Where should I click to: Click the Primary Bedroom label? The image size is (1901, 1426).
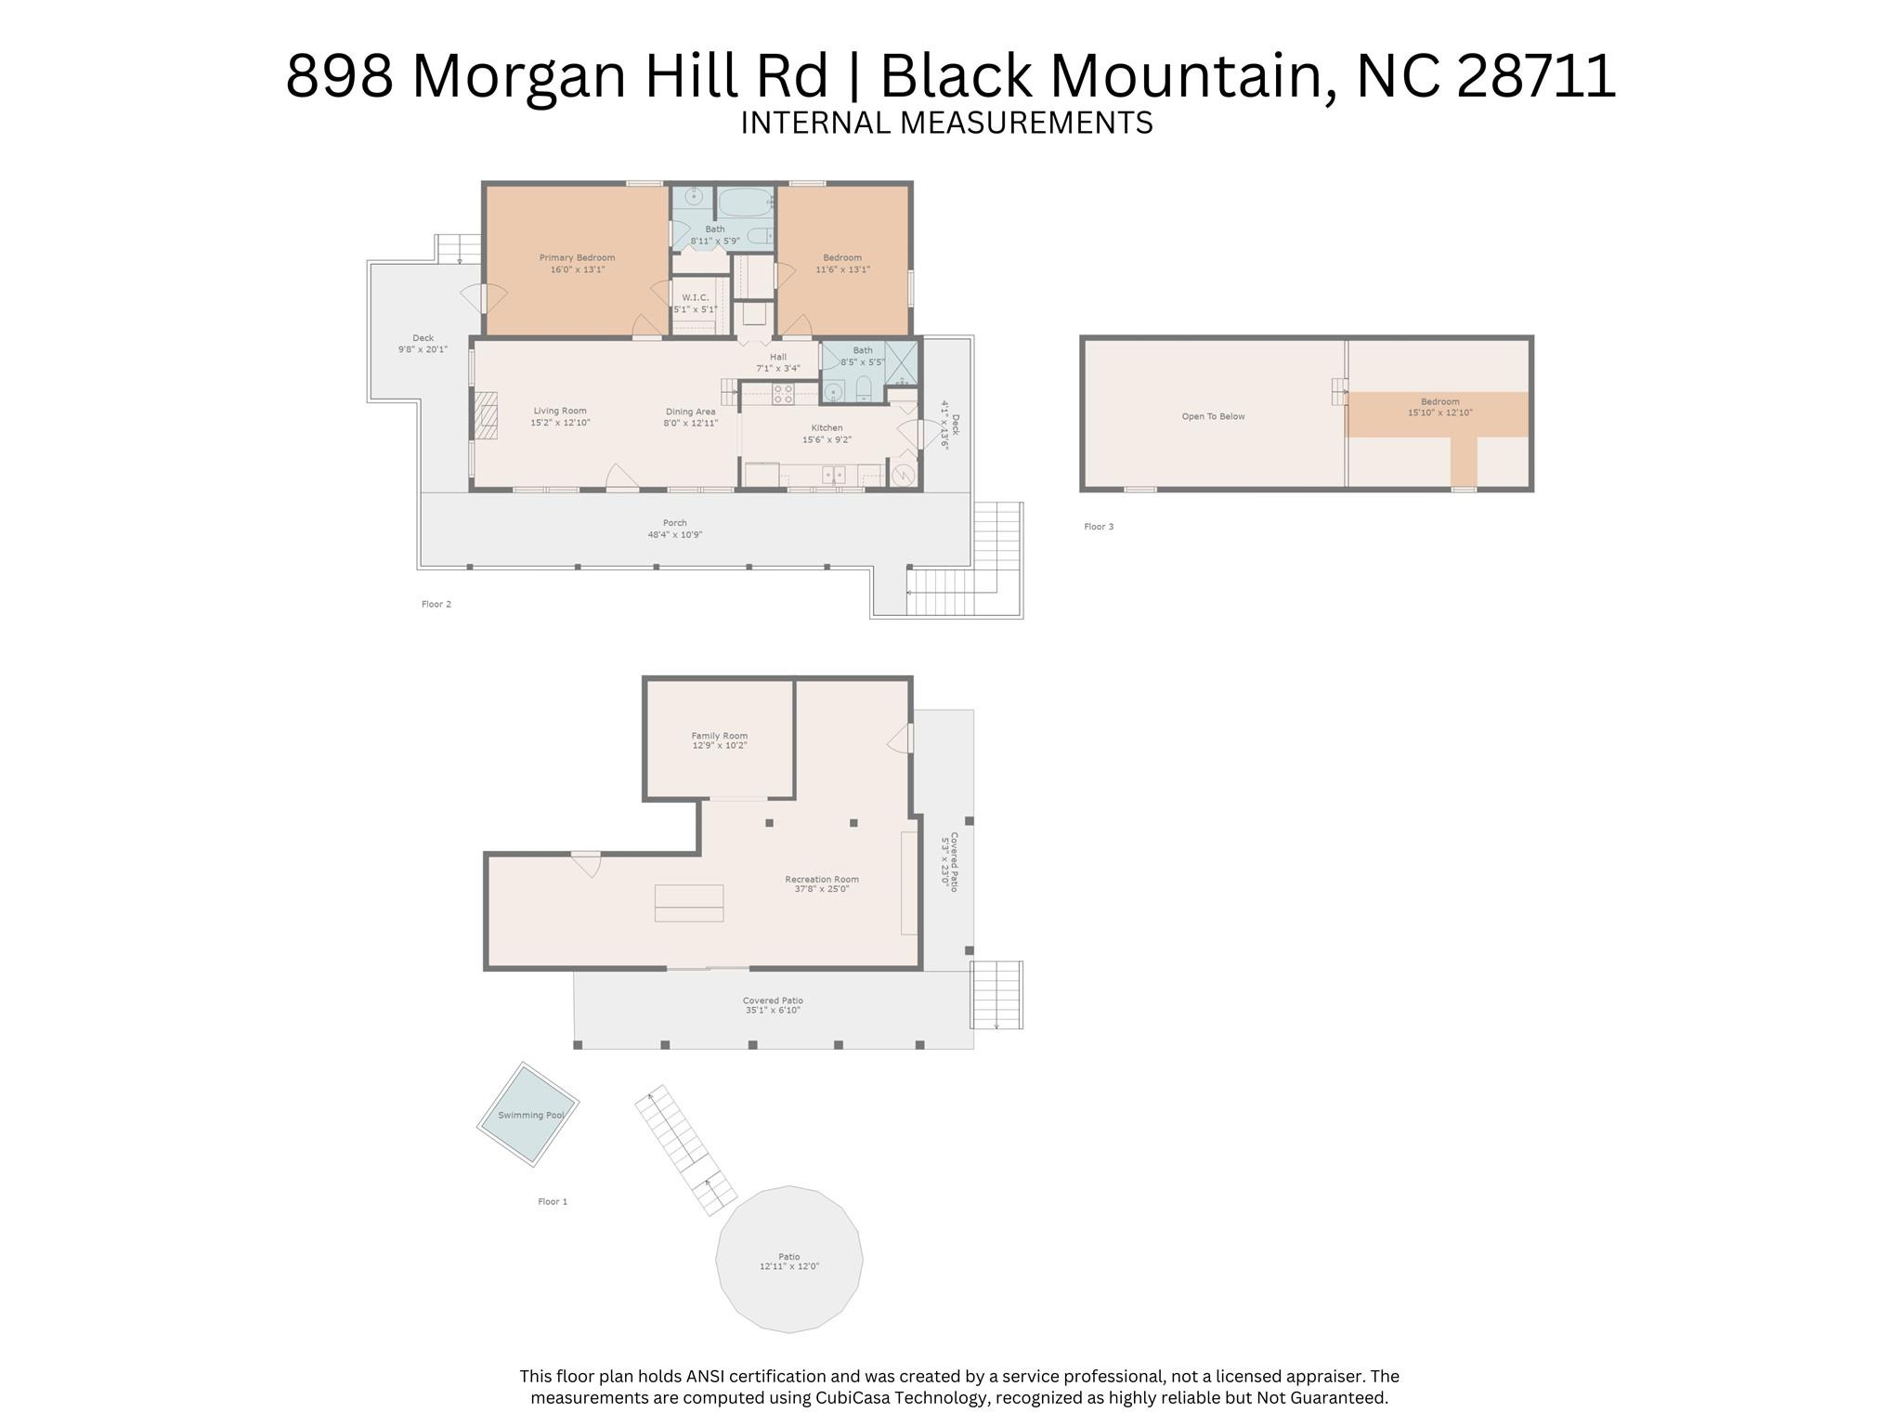point(577,257)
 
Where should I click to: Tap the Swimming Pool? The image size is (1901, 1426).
point(527,1114)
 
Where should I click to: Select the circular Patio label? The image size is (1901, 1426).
point(788,1256)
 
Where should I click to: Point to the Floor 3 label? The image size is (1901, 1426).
point(1099,527)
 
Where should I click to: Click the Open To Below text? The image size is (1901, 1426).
point(1213,416)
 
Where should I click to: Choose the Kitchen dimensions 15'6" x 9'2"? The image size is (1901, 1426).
point(827,439)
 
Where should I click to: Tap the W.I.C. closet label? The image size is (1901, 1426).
point(695,297)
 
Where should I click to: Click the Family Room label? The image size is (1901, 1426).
point(719,736)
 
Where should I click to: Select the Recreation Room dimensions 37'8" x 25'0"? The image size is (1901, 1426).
point(822,889)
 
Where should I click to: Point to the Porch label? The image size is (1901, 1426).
point(674,523)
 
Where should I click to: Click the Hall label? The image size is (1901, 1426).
point(778,357)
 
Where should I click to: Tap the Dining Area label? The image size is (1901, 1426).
point(690,412)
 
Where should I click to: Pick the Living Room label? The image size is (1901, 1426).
point(560,411)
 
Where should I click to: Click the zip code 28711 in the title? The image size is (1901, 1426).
point(1536,75)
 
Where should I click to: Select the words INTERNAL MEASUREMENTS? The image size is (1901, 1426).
point(946,123)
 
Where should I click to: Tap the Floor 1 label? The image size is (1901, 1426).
point(553,1201)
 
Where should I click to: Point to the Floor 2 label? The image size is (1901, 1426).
point(436,604)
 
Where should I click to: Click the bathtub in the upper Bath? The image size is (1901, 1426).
point(745,201)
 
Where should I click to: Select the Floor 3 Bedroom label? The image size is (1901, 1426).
point(1439,402)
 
